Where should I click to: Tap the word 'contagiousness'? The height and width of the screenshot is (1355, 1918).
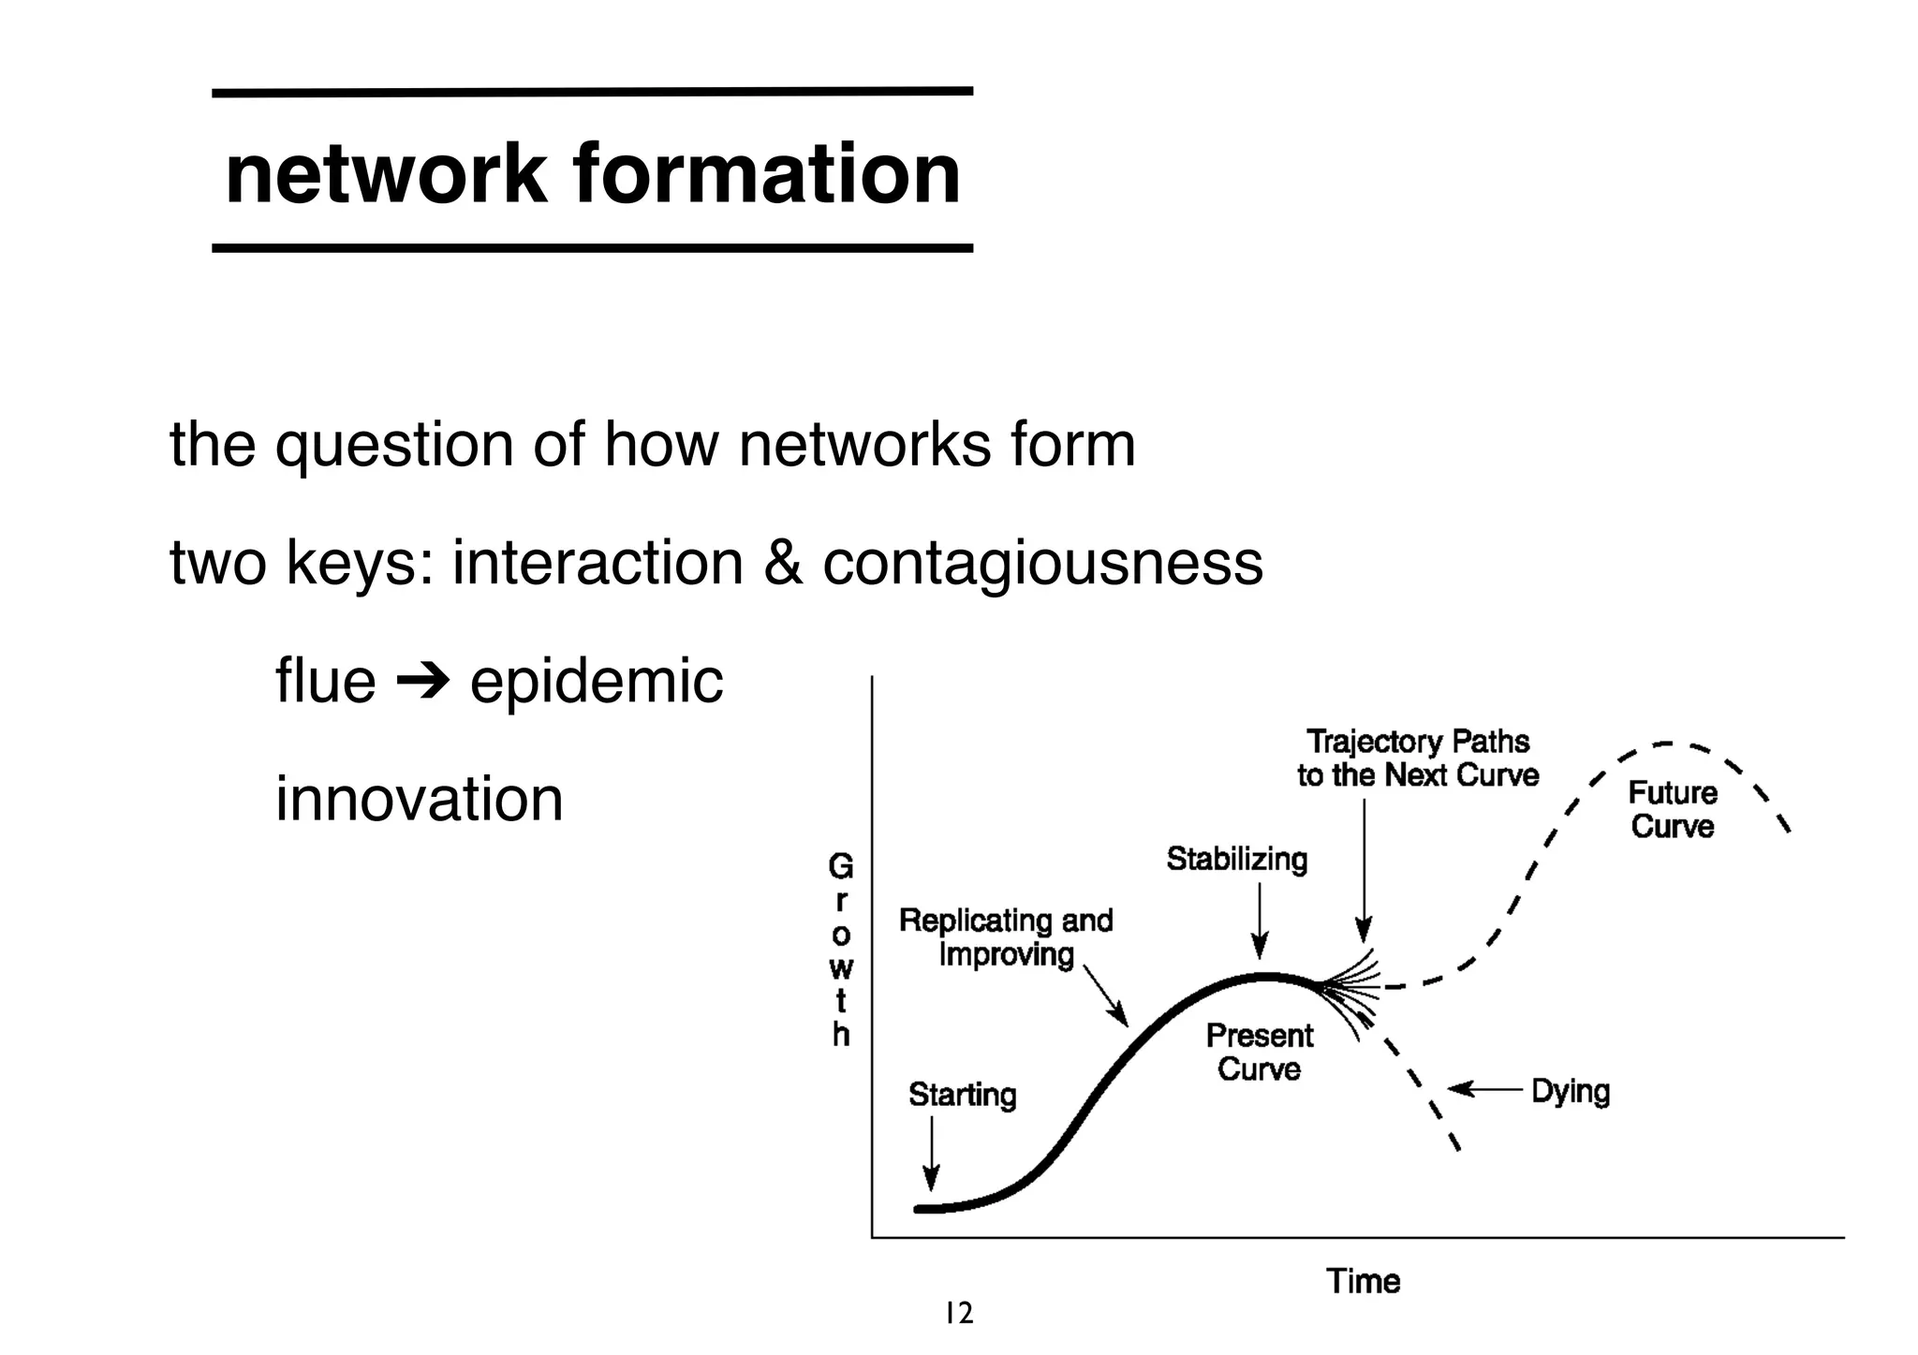click(1042, 564)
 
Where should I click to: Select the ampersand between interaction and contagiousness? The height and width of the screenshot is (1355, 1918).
click(782, 564)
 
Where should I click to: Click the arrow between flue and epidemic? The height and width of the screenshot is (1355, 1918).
click(422, 681)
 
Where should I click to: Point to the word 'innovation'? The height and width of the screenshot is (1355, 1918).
click(419, 800)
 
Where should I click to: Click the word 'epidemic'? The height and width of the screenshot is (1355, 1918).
click(597, 681)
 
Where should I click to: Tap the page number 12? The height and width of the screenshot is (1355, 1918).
click(958, 1314)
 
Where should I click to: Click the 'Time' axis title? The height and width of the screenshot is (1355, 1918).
click(1363, 1281)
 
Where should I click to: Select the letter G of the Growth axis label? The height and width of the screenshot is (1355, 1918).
click(840, 868)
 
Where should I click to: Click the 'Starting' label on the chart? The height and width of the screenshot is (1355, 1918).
click(962, 1095)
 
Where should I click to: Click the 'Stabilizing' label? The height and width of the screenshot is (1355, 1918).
click(1236, 859)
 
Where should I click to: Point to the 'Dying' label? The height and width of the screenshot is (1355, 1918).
click(1571, 1091)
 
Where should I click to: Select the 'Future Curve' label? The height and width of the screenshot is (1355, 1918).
click(1673, 810)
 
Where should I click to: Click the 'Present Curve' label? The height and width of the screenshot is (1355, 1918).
click(1259, 1053)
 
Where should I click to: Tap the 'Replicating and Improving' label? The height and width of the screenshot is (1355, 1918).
click(1006, 937)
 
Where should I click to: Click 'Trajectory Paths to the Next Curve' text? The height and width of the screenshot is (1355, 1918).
click(1417, 759)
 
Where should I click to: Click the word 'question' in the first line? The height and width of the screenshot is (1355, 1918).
click(393, 445)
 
